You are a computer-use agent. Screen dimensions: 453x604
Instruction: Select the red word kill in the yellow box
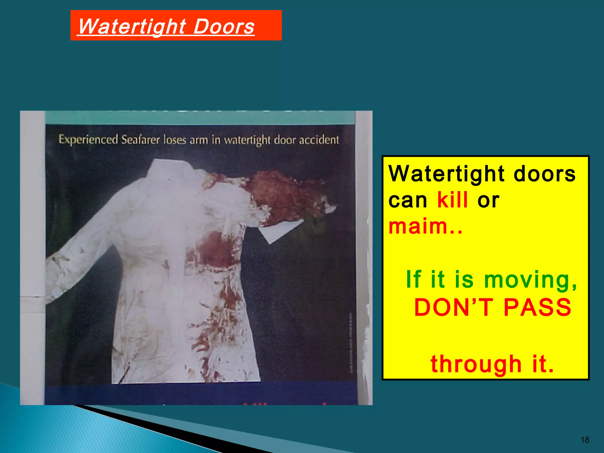tap(452, 200)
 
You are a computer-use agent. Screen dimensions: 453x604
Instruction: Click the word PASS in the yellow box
tap(537, 308)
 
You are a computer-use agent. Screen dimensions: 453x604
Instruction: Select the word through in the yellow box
tap(476, 365)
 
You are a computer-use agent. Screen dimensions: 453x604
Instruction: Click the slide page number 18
tap(585, 440)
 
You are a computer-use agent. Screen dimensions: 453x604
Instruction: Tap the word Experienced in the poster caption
tap(88, 140)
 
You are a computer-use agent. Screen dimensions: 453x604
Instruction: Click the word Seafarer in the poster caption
tap(141, 140)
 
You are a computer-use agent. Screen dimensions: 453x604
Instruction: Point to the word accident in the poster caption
tap(319, 140)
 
